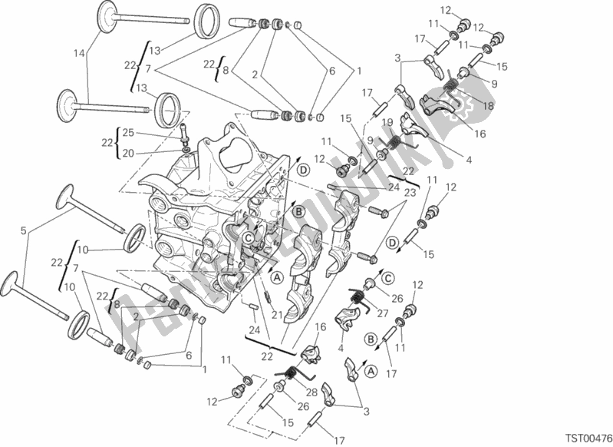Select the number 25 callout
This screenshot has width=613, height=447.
129,131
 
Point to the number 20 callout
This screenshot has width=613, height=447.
129,152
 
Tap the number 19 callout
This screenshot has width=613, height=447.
387,122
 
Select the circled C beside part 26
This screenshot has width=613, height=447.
388,277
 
